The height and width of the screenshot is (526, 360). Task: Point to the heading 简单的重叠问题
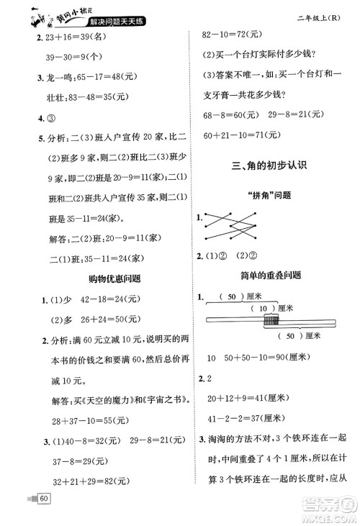pyautogui.click(x=270, y=274)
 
